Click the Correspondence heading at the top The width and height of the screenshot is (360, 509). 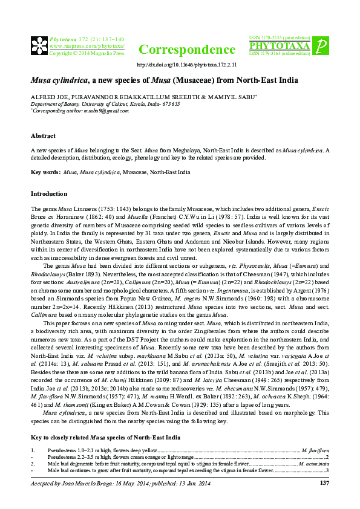(x=187, y=50)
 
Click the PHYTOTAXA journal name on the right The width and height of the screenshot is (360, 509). (x=279, y=46)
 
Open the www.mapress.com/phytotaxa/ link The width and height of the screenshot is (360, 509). (x=87, y=46)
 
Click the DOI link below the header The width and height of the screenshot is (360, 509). (x=187, y=64)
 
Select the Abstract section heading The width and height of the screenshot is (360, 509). (x=43, y=136)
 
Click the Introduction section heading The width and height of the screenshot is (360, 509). (x=50, y=194)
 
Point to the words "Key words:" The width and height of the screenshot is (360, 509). (x=45, y=172)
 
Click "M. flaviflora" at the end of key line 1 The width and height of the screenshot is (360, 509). (x=315, y=450)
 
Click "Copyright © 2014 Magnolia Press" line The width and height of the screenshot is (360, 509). (x=87, y=53)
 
